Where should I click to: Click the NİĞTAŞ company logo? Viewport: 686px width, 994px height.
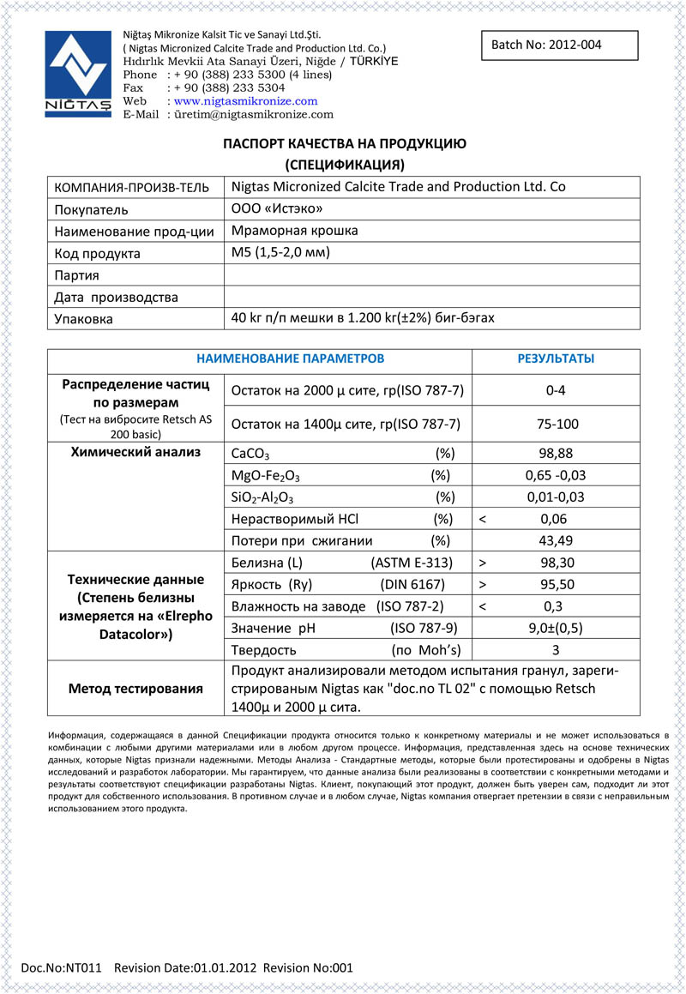click(x=78, y=73)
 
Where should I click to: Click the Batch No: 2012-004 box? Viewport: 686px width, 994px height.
click(x=560, y=45)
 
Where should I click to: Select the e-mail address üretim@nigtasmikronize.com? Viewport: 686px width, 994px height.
click(x=253, y=114)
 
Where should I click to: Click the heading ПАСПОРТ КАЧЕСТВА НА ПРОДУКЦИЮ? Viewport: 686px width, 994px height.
click(x=345, y=144)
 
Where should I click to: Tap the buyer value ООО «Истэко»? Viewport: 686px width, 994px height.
click(x=278, y=208)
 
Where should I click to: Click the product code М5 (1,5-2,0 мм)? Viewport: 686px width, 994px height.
click(x=280, y=253)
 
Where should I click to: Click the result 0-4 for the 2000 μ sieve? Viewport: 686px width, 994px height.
click(x=556, y=391)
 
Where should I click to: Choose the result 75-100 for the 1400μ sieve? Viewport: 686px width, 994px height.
click(x=556, y=424)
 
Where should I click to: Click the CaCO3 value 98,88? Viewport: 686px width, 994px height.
click(x=556, y=453)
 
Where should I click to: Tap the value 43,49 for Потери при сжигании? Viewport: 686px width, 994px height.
click(x=556, y=540)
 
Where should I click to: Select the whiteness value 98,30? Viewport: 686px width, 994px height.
click(x=556, y=563)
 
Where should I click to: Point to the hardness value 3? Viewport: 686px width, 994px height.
click(x=556, y=650)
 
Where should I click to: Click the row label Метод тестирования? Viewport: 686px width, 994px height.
click(x=135, y=688)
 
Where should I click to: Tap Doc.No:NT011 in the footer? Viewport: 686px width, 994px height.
click(x=61, y=967)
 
